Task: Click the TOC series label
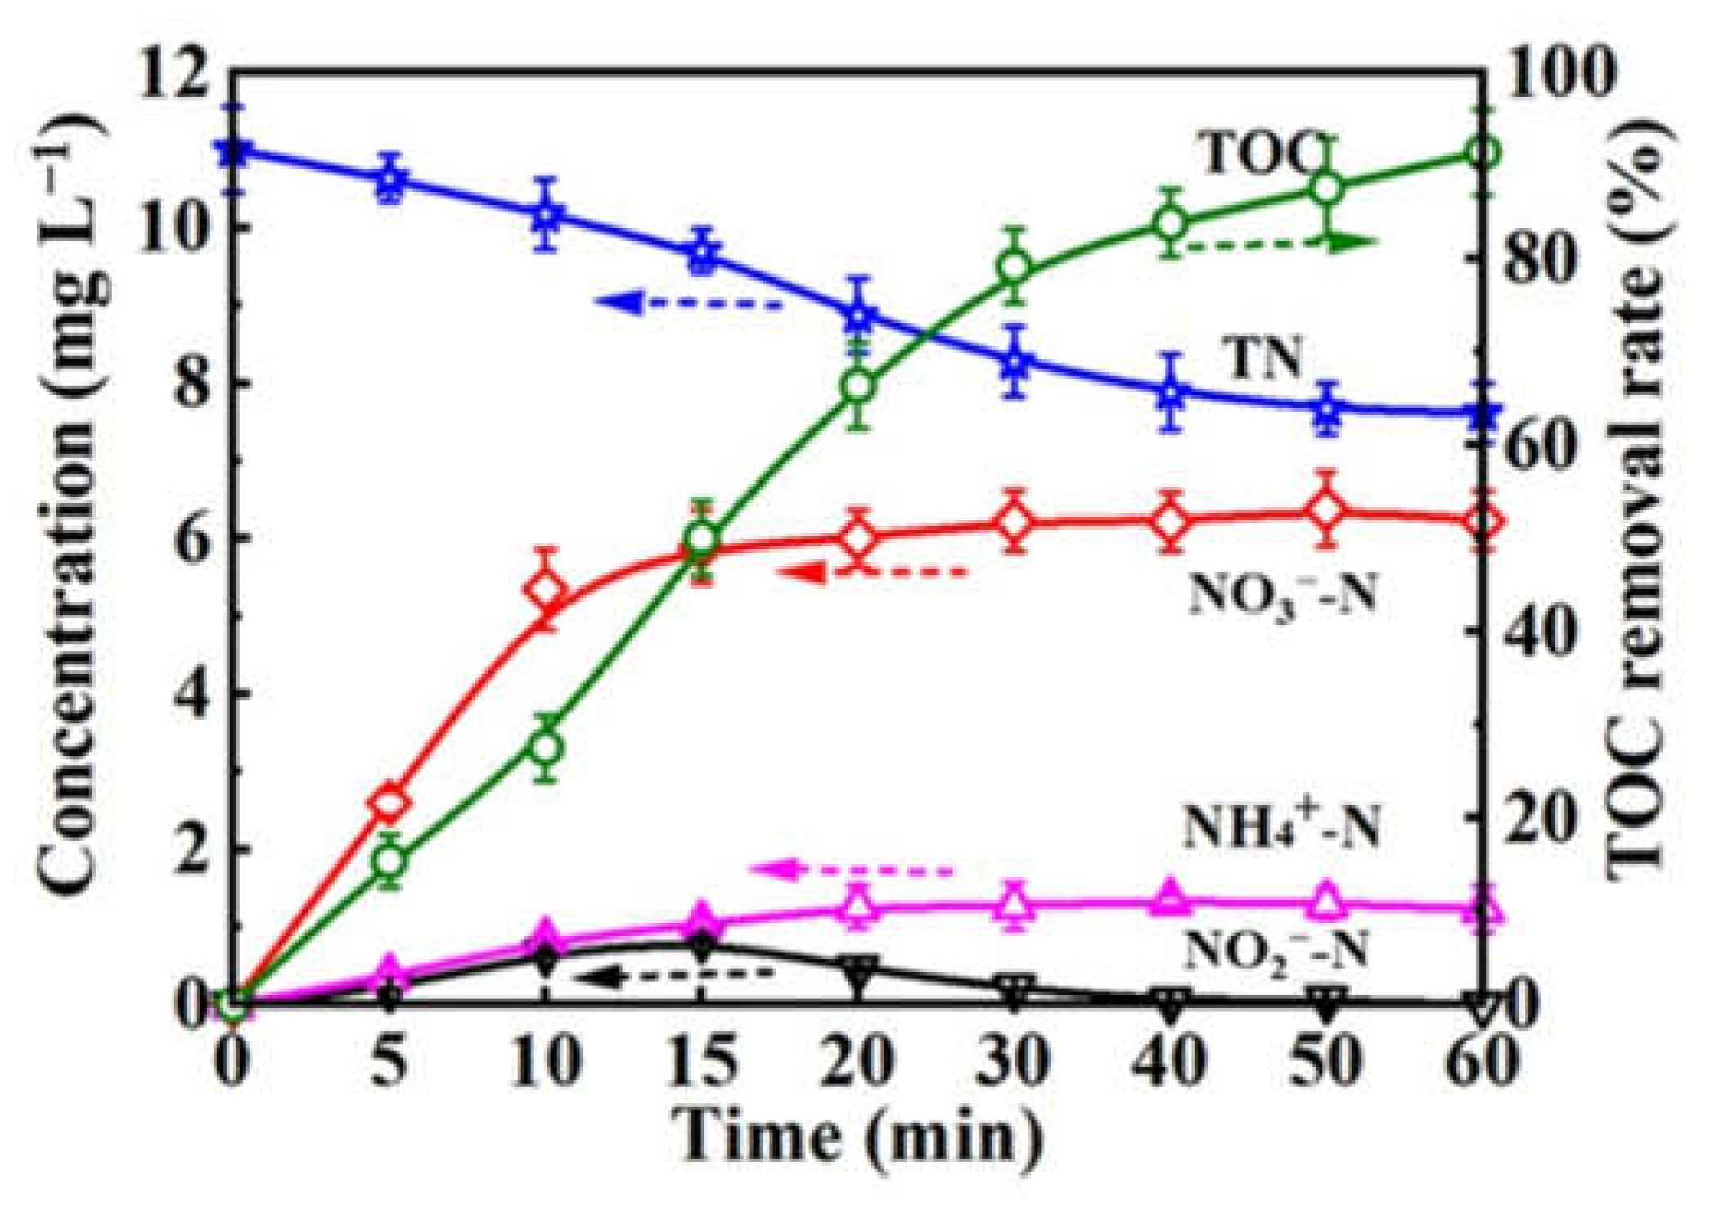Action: coord(1260,153)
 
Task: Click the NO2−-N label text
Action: coord(1276,950)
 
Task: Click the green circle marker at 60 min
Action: coord(1482,153)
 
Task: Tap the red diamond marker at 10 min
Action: coord(546,589)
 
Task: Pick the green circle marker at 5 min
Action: coord(389,861)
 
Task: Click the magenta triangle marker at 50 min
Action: coord(1326,902)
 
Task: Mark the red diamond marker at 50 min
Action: coord(1326,510)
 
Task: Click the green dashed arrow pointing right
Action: coord(1280,242)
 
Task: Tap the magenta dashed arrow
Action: coord(851,869)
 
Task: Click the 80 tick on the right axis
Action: coord(1538,259)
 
